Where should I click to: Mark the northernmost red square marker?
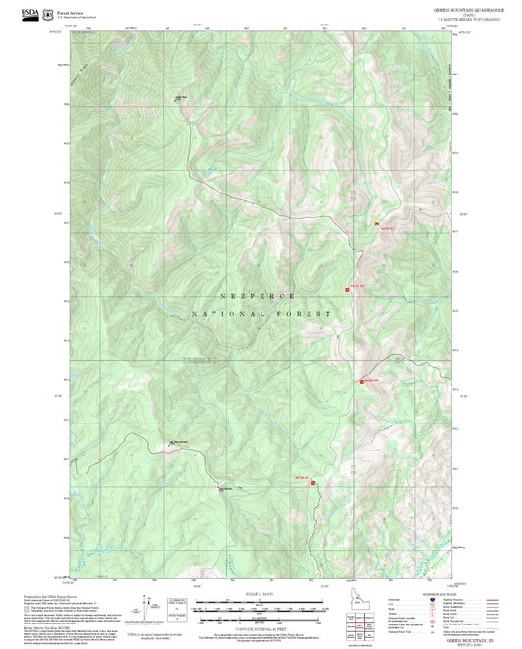(377, 225)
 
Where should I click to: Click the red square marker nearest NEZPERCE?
(346, 289)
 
